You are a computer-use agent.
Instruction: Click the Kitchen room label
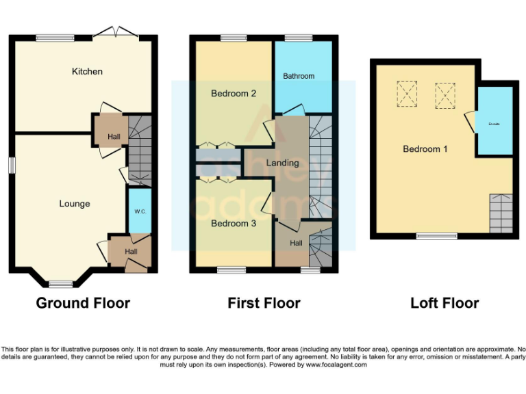click(87, 71)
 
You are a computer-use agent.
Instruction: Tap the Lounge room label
click(74, 203)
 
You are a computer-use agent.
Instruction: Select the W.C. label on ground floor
click(140, 211)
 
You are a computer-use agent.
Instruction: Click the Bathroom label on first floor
click(299, 76)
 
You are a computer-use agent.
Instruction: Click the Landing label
click(282, 163)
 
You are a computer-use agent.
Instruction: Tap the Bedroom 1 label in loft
click(425, 148)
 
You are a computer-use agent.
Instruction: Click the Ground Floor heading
click(83, 303)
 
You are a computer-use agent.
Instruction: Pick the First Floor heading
click(264, 303)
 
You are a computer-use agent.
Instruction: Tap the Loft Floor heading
click(444, 303)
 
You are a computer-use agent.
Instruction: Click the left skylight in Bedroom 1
click(407, 94)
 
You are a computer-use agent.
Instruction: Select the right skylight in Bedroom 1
click(445, 94)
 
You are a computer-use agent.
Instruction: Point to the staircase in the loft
click(500, 213)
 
